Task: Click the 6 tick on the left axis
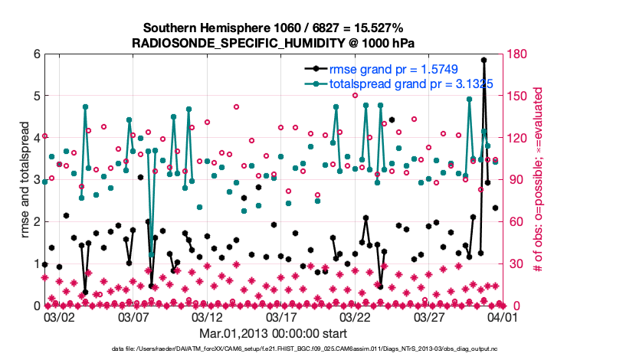[35, 54]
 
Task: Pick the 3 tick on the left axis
[35, 180]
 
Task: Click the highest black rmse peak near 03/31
[484, 60]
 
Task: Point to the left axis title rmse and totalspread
[25, 180]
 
